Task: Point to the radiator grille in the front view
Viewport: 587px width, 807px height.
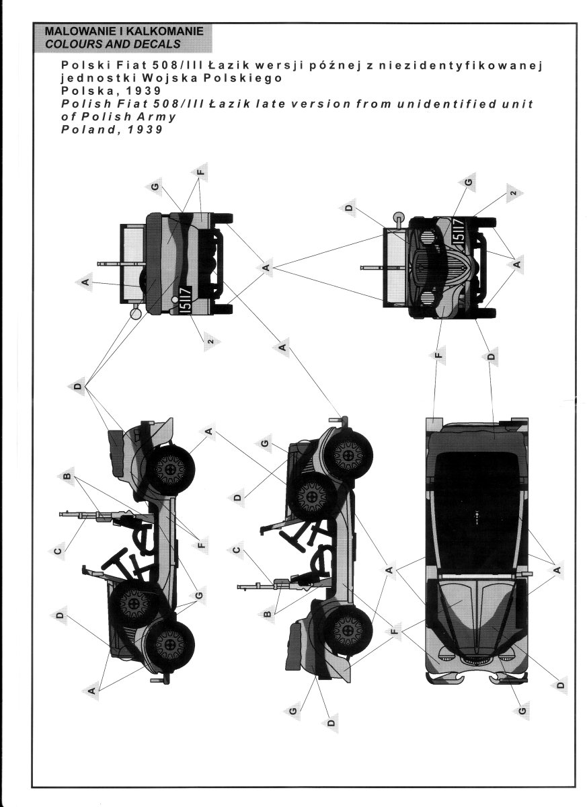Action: point(428,266)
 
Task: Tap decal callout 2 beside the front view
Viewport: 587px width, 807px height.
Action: point(513,193)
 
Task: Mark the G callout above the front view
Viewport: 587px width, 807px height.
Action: point(468,183)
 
